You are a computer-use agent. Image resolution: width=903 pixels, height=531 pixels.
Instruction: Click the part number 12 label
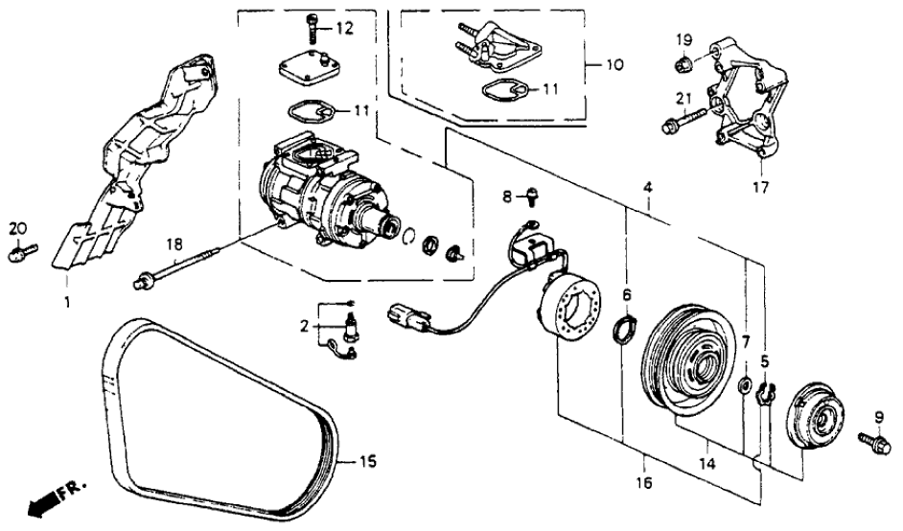click(344, 28)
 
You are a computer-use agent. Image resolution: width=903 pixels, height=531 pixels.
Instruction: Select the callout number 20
click(16, 227)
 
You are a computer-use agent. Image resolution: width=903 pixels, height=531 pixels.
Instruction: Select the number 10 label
click(614, 65)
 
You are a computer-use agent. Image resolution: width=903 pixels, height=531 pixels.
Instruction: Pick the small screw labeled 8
click(529, 198)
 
